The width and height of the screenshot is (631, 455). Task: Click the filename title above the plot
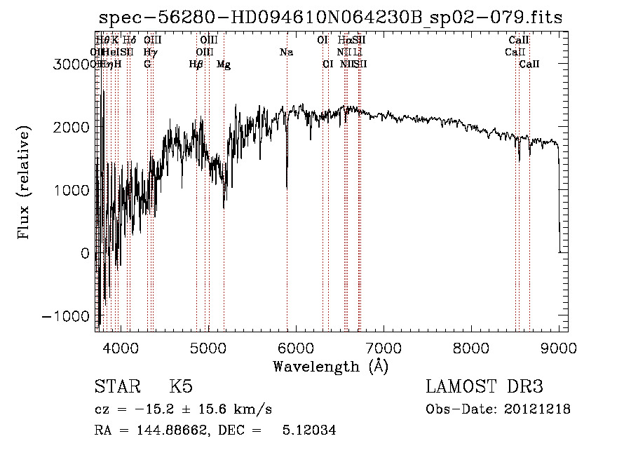coord(330,18)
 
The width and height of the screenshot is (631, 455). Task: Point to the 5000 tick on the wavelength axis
coord(208,331)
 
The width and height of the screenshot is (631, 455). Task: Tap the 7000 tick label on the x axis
coord(384,346)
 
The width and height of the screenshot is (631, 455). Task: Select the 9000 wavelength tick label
coord(559,346)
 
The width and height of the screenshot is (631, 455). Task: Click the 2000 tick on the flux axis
coord(96,127)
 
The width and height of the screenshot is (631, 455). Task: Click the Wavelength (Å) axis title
coord(330,366)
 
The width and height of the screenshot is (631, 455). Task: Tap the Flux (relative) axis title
coord(25,183)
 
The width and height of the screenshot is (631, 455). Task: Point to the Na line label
coord(286,52)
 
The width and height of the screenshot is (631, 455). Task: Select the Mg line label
coord(224,64)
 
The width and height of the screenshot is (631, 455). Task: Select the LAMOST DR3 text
coord(484,387)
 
